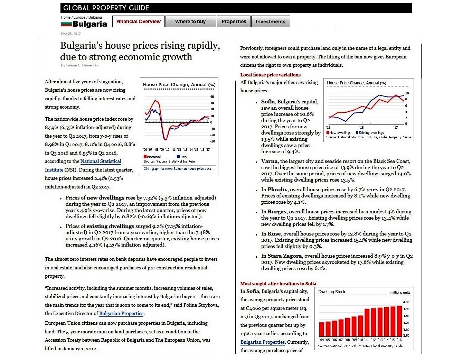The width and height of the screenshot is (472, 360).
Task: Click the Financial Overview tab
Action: [x=138, y=21]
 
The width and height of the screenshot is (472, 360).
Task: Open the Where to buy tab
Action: [x=190, y=21]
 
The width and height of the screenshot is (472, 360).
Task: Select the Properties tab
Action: [x=234, y=21]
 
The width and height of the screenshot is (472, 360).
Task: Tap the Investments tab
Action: [x=271, y=21]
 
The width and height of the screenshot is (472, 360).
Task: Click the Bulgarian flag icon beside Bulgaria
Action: [x=66, y=24]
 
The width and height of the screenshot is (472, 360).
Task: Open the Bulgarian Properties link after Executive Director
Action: [x=121, y=314]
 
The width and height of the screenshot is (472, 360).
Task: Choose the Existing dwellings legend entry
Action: [x=371, y=132]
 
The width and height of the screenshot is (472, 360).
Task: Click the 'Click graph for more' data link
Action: [x=177, y=169]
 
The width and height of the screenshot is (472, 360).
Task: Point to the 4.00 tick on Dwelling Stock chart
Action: [x=406, y=302]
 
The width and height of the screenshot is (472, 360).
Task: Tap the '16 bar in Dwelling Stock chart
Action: [x=400, y=321]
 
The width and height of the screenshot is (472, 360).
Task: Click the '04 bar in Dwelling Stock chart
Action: [x=322, y=329]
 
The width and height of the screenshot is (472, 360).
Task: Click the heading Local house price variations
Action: [x=271, y=75]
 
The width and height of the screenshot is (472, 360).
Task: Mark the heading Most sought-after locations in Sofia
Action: [x=278, y=284]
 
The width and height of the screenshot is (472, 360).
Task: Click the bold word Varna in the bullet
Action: [x=270, y=161]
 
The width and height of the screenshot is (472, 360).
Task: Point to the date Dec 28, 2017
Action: [x=71, y=34]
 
